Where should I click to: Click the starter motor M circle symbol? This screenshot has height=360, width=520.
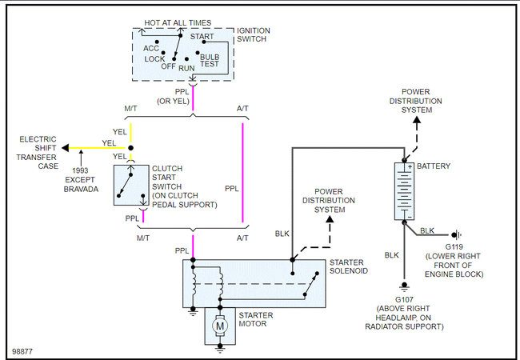220,326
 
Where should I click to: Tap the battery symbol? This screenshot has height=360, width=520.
404,191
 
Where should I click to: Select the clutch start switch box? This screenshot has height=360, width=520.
131,185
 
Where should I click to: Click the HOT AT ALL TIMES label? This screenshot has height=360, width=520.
178,23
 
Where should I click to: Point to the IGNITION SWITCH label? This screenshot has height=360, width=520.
254,35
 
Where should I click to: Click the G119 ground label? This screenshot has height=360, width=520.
454,247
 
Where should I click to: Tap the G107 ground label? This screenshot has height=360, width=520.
404,299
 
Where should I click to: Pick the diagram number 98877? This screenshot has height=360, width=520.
22,351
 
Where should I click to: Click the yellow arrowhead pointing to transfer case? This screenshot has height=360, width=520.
66,148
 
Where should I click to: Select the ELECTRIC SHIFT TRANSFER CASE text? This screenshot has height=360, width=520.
38,153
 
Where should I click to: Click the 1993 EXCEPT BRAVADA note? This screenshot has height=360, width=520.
81,180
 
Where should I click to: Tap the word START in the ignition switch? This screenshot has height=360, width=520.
202,36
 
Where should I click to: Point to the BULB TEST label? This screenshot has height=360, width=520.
210,60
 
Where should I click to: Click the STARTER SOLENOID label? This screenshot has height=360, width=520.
349,266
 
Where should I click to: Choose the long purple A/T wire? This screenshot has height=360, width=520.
242,173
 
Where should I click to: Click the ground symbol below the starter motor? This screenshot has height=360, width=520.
220,348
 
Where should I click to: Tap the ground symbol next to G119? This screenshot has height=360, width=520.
457,234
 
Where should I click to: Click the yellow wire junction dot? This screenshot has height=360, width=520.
130,148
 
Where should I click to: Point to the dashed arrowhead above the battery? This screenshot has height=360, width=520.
417,119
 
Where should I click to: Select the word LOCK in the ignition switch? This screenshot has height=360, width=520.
154,59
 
